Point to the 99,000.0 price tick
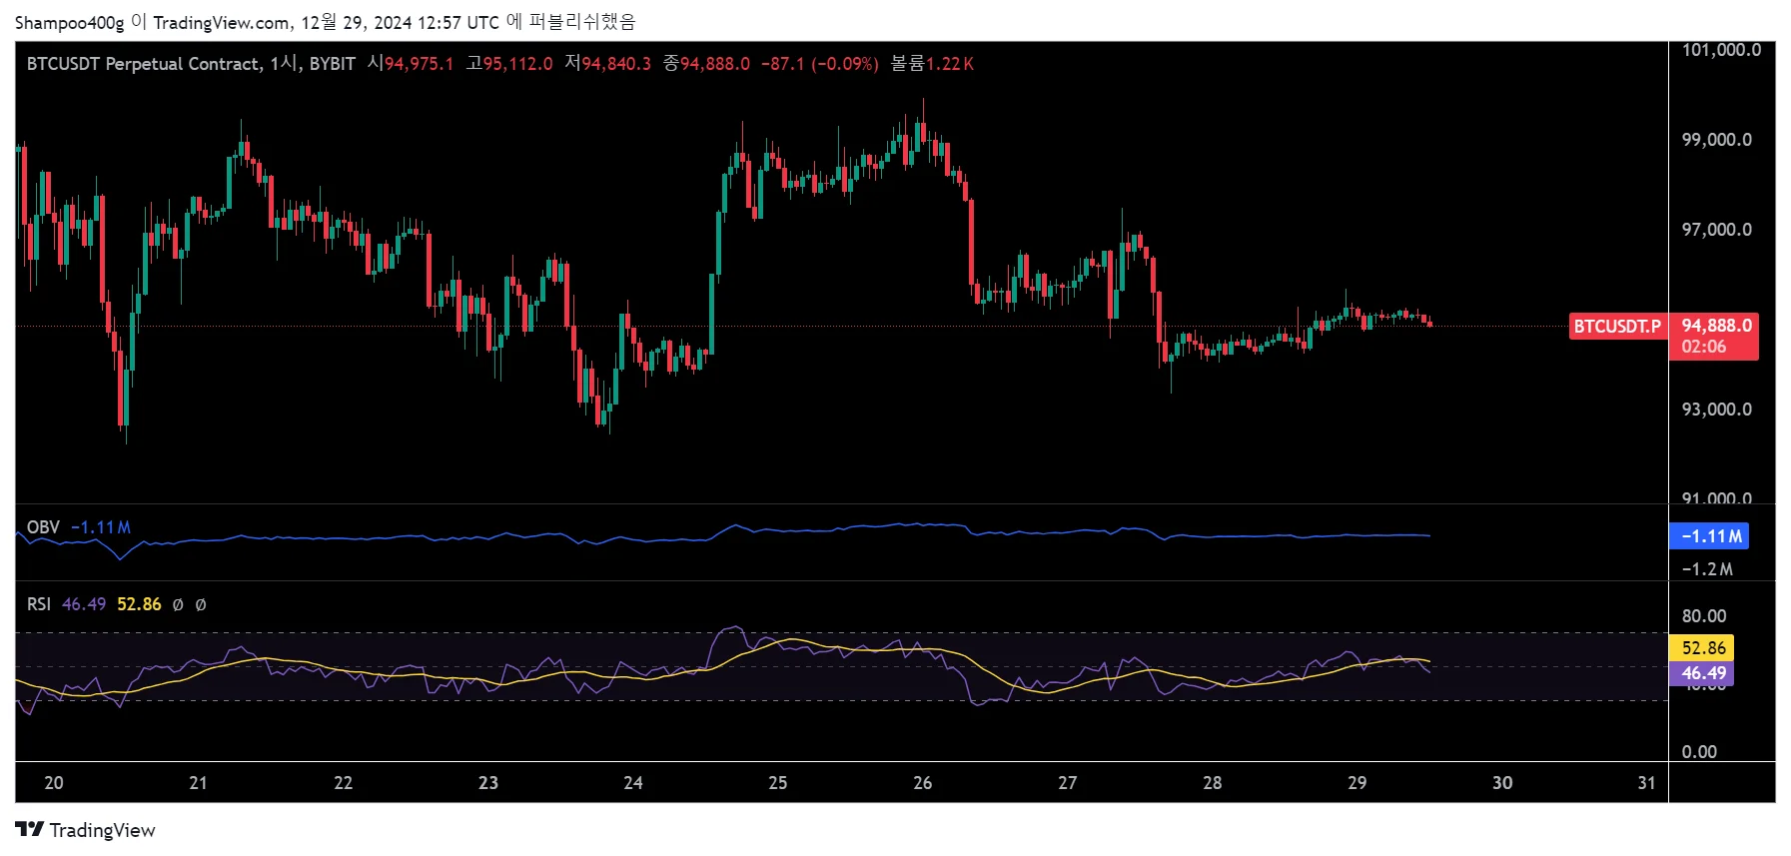1716,140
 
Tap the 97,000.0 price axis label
1716,230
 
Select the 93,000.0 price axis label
1716,410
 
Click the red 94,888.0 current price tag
1715,327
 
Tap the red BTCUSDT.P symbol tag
1617,327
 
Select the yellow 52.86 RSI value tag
1703,648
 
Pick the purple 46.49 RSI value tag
1703,673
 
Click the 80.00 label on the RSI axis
1703,616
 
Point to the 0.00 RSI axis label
1698,752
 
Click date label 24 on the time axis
633,783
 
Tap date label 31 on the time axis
1646,783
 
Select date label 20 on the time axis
54,783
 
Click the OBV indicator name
43,527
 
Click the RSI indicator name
39,604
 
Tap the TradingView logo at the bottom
86,830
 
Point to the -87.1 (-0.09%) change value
819,64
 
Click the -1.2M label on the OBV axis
1707,569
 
